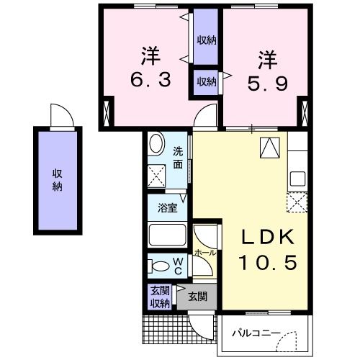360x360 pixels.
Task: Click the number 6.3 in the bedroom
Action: [x=150, y=80]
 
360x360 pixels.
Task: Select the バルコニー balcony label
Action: [x=255, y=333]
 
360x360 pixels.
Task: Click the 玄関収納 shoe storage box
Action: [x=159, y=297]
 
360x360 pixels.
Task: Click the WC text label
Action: [x=177, y=266]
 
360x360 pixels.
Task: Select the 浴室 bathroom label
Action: [x=166, y=209]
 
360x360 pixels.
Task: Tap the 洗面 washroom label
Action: [x=178, y=158]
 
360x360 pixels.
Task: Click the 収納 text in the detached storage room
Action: [x=56, y=179]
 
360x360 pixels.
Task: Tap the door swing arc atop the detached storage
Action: [x=59, y=116]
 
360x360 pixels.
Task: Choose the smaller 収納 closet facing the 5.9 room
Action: [x=206, y=81]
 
